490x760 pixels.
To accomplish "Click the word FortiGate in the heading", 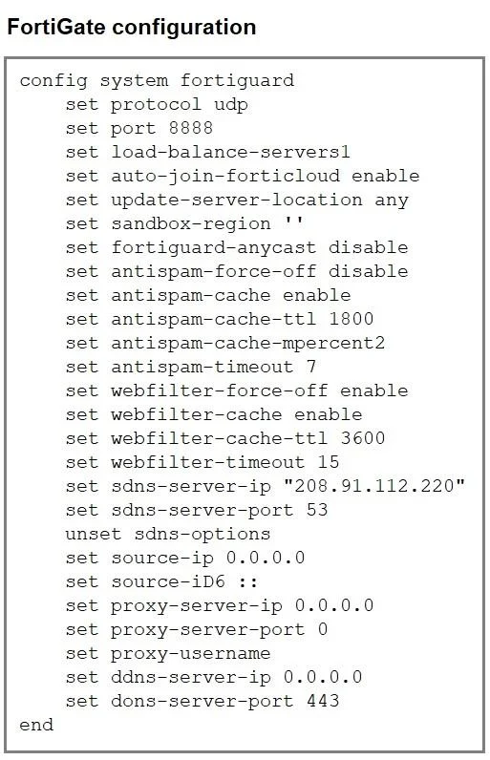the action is click(x=55, y=27).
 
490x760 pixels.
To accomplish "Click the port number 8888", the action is click(x=190, y=128).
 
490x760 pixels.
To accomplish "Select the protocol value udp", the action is click(x=231, y=105).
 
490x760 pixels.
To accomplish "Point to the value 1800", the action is click(x=351, y=319).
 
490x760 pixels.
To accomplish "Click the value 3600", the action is click(x=363, y=438).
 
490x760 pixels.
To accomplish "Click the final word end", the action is click(x=36, y=725).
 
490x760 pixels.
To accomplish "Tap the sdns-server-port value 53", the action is click(x=317, y=510).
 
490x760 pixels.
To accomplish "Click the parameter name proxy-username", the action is click(x=190, y=654).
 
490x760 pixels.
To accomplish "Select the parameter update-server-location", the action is click(x=237, y=201).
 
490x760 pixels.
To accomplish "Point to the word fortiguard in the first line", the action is click(x=237, y=81).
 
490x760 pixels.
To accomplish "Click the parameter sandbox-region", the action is click(x=190, y=224).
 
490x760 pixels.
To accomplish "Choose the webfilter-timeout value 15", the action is click(x=329, y=462).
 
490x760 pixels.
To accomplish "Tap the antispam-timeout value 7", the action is click(x=311, y=367).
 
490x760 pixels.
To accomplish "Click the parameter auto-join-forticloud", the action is click(x=225, y=177).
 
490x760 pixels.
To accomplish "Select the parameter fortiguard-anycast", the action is click(x=214, y=248).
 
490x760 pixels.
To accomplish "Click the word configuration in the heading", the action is click(x=184, y=28).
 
